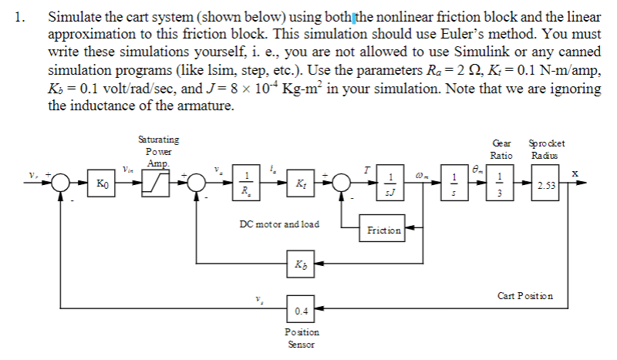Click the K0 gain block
[102, 185]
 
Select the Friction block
[383, 229]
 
